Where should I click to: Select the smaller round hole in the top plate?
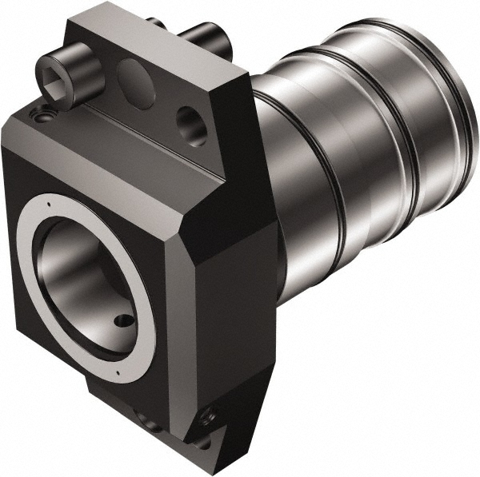(x=191, y=121)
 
